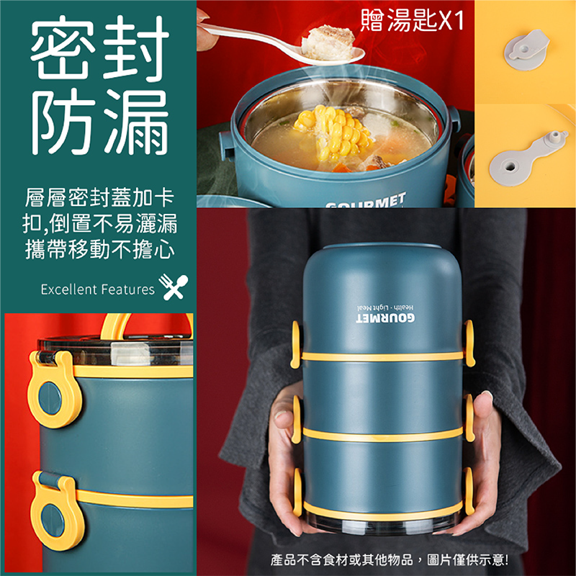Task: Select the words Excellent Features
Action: [97, 289]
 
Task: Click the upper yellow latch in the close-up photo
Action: [53, 388]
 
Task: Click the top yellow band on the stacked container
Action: [382, 356]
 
